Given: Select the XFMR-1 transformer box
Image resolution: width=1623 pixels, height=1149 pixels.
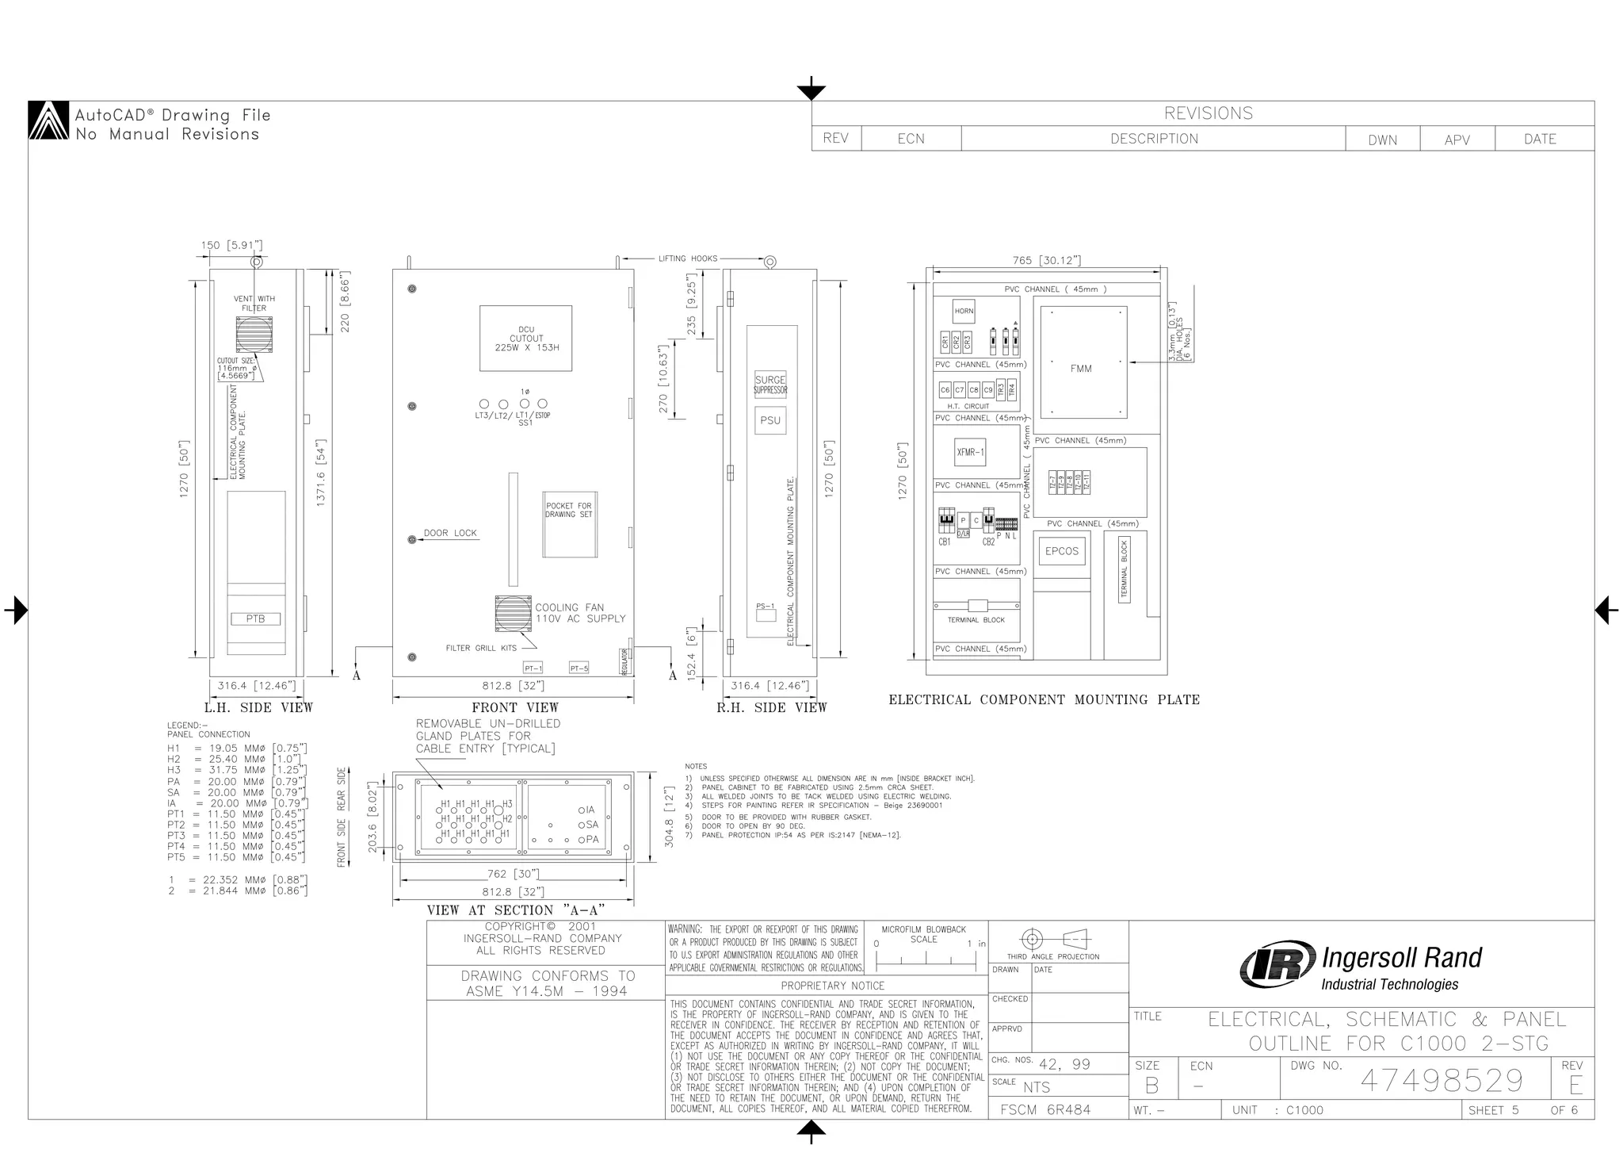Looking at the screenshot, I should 970,452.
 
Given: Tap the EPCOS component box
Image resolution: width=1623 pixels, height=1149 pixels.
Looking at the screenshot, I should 1061,551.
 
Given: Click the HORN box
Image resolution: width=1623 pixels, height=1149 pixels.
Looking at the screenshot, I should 964,311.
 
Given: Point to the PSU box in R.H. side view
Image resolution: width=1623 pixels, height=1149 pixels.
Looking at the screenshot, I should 770,420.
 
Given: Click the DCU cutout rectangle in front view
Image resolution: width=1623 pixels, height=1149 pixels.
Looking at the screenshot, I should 526,339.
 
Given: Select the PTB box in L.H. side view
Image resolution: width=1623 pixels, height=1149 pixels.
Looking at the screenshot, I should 255,619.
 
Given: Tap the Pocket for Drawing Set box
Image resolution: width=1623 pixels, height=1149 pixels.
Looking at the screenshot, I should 569,523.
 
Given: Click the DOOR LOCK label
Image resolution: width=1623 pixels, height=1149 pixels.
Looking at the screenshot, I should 450,533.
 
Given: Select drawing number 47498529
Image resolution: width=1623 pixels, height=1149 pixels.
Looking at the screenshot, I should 1442,1080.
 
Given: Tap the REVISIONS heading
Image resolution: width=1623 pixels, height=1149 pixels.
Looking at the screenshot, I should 1208,113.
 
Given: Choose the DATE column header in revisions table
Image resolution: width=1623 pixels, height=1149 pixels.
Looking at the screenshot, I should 1540,139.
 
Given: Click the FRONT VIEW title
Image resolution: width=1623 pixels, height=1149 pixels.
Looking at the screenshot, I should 515,707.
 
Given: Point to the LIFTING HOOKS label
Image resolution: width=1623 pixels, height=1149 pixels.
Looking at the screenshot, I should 687,259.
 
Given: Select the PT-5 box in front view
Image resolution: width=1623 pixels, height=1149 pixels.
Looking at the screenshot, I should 579,668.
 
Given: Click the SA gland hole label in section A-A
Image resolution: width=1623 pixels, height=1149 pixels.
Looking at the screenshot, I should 592,825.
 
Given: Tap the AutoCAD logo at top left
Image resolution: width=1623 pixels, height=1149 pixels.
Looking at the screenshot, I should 49,121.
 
